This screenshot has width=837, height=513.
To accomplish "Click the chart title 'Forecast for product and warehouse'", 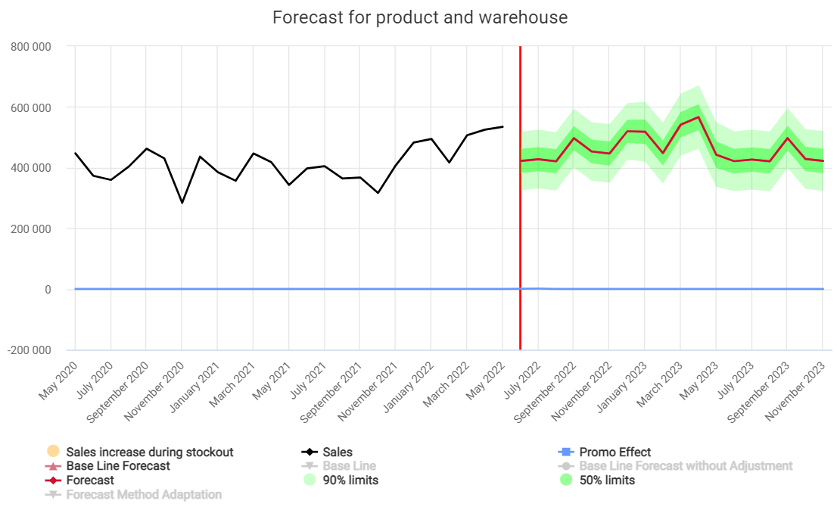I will pos(420,17).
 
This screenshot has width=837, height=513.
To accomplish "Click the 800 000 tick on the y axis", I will pos(31,46).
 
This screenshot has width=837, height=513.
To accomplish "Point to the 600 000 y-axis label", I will pos(31,107).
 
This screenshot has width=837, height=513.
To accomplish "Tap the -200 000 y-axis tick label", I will pos(30,350).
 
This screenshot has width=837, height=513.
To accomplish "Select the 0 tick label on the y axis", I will pos(47,290).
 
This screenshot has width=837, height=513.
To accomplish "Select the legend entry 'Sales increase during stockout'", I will pos(150,452).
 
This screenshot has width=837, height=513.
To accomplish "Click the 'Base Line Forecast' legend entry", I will pos(118,466).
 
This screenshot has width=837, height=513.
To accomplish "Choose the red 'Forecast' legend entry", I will pos(90,480).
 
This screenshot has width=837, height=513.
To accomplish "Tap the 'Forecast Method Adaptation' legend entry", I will pos(144,495).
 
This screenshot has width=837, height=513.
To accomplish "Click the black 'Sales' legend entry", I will pos(338,452).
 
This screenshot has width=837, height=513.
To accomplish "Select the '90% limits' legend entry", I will pos(350,480).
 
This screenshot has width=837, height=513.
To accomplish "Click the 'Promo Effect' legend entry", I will pos(615,452).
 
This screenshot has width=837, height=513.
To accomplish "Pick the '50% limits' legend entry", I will pos(607,480).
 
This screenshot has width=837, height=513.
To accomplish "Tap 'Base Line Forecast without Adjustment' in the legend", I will pos(686,466).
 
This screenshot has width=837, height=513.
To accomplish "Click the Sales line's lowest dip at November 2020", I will pos(182,203).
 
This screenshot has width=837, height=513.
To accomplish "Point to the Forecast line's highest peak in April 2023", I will pos(698,117).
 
